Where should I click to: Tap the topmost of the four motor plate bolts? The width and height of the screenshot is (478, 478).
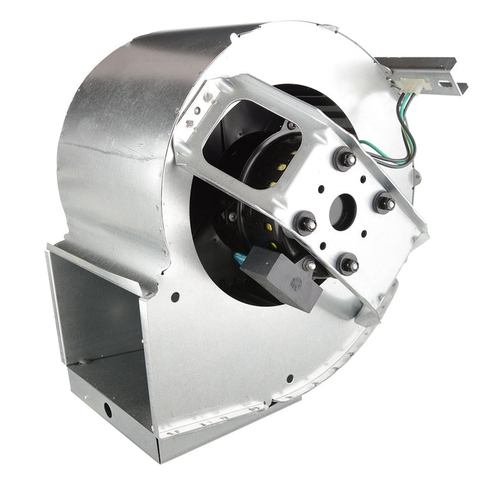point(346,159)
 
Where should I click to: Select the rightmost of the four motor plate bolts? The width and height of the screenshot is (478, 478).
point(384,203)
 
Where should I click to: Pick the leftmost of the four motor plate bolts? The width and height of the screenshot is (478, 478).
point(305,223)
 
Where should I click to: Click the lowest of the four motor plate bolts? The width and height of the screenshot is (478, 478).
point(348,262)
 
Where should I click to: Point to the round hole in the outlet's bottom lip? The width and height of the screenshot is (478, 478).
point(107,410)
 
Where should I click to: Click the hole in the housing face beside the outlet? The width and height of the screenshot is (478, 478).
point(175,297)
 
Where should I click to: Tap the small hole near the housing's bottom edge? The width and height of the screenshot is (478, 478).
point(290,378)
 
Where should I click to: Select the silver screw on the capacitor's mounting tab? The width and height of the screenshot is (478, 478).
point(310,265)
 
